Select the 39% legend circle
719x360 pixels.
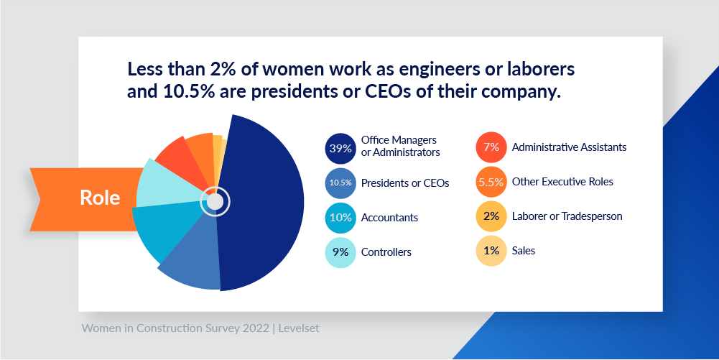tap(340, 149)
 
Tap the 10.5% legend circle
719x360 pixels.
tap(340, 183)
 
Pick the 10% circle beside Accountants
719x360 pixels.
tap(340, 218)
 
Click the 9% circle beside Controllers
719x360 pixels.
tap(340, 252)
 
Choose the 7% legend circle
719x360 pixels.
tap(491, 147)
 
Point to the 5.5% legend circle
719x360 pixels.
tap(491, 182)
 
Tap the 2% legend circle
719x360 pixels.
tap(491, 216)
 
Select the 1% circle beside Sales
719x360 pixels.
tap(491, 251)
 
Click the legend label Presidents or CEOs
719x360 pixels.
tap(404, 183)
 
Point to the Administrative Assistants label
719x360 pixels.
tap(569, 147)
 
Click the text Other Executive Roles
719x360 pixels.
tap(562, 182)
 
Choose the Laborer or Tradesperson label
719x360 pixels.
tap(567, 216)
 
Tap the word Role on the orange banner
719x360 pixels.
tap(100, 198)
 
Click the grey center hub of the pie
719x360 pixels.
tap(215, 202)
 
